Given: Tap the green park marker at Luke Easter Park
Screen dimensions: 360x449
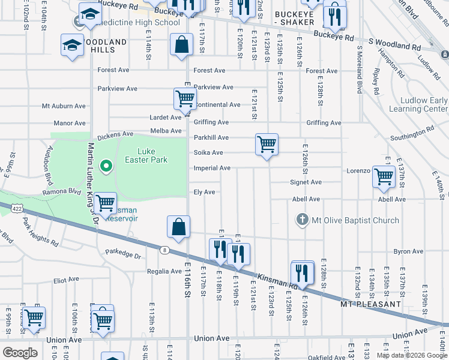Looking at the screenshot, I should tap(106, 165).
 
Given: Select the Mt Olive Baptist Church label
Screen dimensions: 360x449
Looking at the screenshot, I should tap(355, 220).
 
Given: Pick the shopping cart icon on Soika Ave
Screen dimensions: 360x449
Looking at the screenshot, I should tap(267, 145).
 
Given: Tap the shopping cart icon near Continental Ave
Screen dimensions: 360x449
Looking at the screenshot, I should tap(185, 99).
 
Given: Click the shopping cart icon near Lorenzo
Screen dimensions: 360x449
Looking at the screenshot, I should tap(384, 177).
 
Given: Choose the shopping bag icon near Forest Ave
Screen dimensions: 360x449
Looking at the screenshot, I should tap(181, 45).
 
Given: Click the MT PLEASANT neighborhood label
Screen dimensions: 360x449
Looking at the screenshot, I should tap(370, 304).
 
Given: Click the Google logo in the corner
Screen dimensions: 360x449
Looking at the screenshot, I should tap(20, 353).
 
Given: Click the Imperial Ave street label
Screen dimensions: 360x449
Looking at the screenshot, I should tap(212, 168).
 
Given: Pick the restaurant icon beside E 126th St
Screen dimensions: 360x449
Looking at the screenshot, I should tap(303, 272).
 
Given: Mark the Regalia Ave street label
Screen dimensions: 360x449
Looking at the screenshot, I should tap(164, 271).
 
